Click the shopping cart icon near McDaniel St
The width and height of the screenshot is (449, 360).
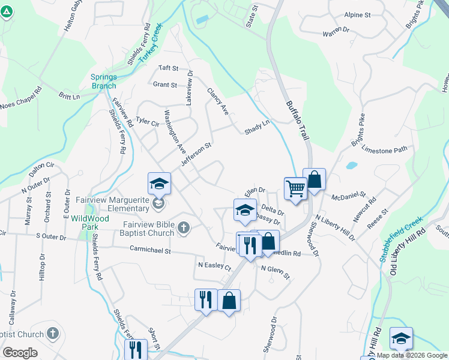click(x=295, y=188)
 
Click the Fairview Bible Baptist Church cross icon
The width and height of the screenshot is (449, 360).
click(x=184, y=227)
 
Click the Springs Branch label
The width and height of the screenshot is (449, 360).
click(x=104, y=81)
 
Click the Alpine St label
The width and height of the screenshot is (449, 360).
click(x=358, y=14)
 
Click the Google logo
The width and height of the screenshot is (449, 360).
click(x=20, y=353)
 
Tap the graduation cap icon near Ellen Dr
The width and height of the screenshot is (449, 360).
click(x=245, y=211)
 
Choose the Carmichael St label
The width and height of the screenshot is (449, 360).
click(x=146, y=251)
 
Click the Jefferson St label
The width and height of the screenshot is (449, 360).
click(x=196, y=154)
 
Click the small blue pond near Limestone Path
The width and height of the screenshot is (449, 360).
click(x=352, y=165)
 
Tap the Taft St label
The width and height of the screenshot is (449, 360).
click(x=168, y=68)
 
